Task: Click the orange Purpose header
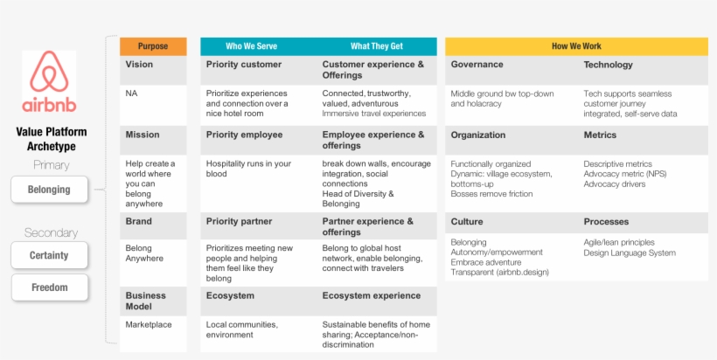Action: coord(153,46)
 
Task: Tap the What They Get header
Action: coord(375,46)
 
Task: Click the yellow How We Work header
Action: coord(576,46)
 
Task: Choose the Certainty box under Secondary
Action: coord(49,255)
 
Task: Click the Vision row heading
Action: coord(139,65)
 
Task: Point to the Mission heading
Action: coord(143,135)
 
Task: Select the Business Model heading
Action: coord(145,301)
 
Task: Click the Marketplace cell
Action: coord(149,324)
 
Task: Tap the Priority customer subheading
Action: coord(244,65)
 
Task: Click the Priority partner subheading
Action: coord(239,222)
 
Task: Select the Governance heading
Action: coord(477,65)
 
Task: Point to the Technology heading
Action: coord(608,65)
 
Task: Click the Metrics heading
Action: coord(600,135)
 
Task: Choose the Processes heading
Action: coord(607,222)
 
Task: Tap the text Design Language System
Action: coord(630,253)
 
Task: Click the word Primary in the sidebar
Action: coord(51,165)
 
